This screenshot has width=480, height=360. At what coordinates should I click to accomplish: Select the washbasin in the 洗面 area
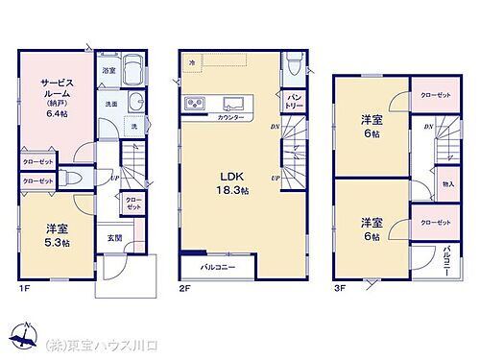(x=136, y=105)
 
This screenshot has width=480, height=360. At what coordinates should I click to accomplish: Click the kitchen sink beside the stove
(x=231, y=104)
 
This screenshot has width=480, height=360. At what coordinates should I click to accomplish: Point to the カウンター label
(x=230, y=117)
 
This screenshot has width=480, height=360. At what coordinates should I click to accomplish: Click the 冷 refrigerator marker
(x=192, y=62)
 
